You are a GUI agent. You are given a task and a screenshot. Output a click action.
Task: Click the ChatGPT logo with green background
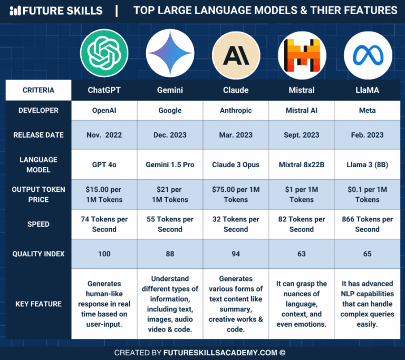104,53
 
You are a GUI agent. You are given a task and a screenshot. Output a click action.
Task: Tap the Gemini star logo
170,53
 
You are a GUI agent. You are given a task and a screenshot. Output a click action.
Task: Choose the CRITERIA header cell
38,90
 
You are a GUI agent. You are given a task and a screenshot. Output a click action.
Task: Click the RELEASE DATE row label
38,135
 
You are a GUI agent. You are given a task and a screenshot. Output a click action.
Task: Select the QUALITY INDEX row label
38,254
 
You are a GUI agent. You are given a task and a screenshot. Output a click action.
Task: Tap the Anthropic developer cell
236,111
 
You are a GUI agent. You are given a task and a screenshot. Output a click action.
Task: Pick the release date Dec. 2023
170,135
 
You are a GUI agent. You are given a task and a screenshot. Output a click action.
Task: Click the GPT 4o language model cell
104,164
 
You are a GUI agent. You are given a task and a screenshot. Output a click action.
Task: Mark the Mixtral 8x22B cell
302,164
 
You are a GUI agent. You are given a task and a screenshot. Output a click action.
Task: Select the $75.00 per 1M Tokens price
236,194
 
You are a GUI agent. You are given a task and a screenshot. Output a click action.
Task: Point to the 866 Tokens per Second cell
368,224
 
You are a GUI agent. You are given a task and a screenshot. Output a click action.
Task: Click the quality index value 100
104,254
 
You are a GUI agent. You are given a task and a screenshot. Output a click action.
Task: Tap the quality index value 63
302,254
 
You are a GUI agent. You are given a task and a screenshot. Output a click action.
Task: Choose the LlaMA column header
368,90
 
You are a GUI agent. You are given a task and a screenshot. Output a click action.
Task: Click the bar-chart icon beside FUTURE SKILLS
16,11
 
